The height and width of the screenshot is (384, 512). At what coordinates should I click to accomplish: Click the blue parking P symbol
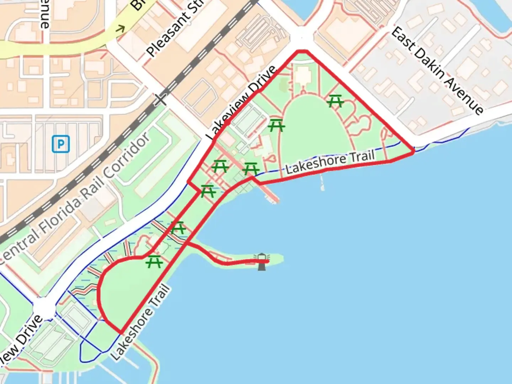coord(61,144)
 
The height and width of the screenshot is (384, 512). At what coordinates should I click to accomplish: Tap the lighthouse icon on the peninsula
coord(262,262)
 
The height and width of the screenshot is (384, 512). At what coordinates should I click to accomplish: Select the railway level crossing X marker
coord(160,100)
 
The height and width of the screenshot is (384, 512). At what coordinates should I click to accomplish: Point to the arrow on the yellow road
coord(121,28)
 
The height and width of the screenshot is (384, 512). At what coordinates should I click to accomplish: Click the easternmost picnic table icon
coord(335,101)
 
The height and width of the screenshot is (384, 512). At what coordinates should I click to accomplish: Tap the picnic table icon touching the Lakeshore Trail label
coord(251,169)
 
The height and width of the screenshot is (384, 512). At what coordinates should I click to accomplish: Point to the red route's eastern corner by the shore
coord(413,152)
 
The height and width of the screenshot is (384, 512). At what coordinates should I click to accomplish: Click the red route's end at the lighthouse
coord(267,261)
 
